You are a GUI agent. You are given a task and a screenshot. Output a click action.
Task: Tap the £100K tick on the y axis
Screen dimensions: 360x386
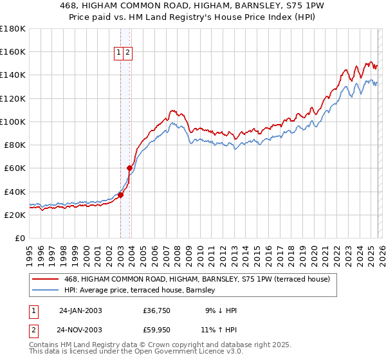13,122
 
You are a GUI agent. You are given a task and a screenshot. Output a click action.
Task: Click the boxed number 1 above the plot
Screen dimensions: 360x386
120,53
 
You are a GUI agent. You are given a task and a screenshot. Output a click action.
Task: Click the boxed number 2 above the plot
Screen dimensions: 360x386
128,53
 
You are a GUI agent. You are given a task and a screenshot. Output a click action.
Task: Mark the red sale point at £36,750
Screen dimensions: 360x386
120,195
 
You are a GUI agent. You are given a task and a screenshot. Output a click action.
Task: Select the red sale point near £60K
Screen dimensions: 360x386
129,168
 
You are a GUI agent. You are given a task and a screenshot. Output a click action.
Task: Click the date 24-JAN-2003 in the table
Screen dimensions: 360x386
80,310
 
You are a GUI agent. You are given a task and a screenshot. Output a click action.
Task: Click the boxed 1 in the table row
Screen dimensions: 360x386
32,310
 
